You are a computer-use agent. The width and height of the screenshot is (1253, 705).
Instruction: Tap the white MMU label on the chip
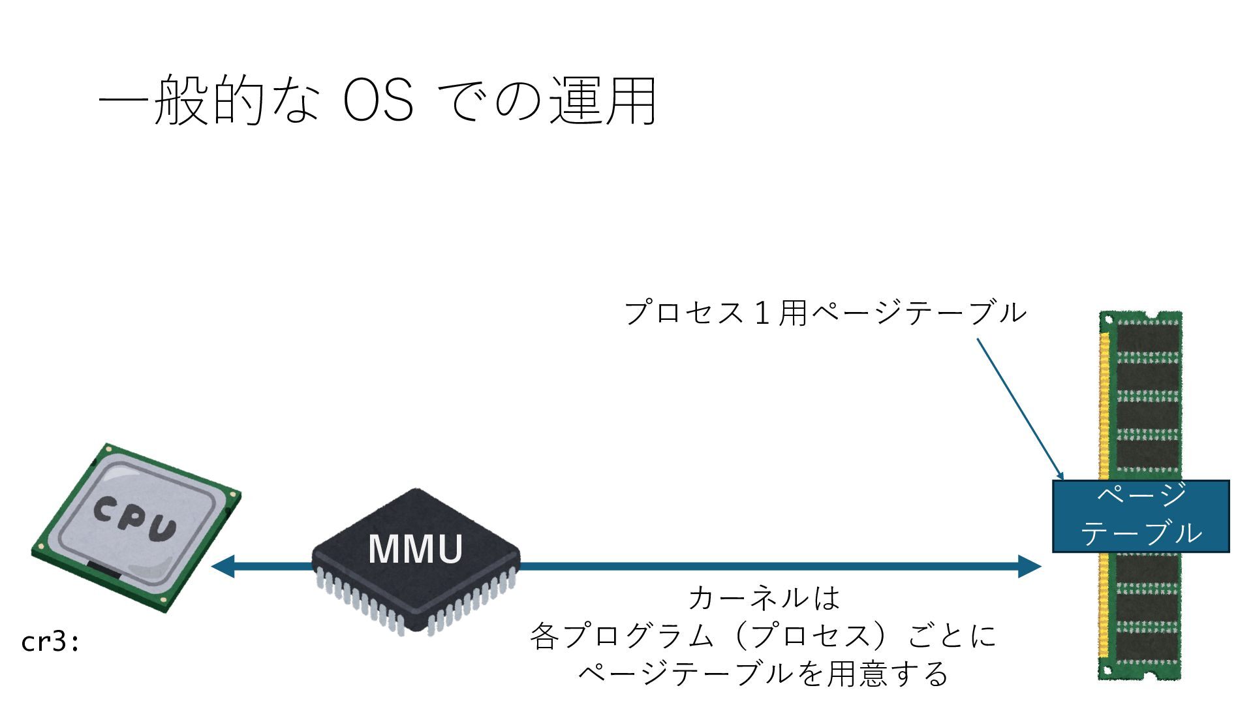[x=416, y=549]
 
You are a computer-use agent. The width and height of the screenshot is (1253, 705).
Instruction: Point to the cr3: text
[x=50, y=642]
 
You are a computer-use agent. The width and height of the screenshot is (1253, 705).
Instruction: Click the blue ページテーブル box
[x=1141, y=516]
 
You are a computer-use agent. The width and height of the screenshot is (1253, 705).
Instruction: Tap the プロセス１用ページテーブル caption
[x=826, y=313]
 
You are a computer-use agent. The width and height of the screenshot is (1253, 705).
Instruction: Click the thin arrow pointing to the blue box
[x=1019, y=408]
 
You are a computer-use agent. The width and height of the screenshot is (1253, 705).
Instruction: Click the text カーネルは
[x=764, y=598]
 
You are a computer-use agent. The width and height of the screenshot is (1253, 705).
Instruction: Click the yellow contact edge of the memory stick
[x=1104, y=405]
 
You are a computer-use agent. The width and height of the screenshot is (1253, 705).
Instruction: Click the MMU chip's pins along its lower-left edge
[x=359, y=604]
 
